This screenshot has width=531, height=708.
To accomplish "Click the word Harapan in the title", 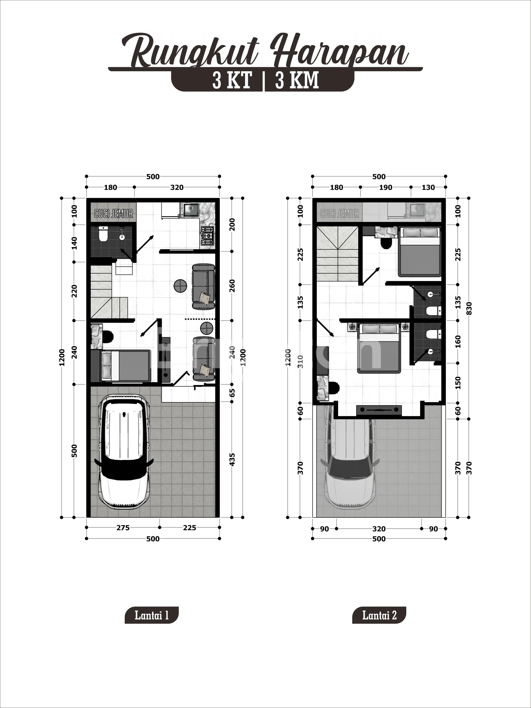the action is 339,51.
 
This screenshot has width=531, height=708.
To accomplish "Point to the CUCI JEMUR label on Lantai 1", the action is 114,214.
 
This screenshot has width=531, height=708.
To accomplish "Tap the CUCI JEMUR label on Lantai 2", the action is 340,214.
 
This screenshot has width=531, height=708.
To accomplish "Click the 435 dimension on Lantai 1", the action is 232,460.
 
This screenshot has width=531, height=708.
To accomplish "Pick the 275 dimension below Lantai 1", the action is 123,528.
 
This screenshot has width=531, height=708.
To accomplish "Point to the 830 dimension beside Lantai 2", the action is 469,308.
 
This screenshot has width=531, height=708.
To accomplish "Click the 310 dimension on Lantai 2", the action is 300,362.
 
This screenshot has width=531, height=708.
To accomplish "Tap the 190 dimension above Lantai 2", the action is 386,187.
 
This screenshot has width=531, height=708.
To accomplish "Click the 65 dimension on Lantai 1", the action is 232,393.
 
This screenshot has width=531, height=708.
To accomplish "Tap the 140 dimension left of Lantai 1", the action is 74,243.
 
